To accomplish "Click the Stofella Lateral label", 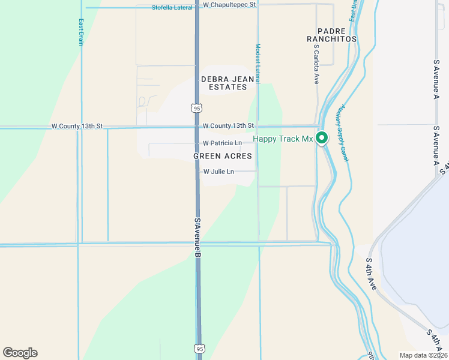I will click(172, 8).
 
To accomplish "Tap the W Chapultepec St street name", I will click(229, 4).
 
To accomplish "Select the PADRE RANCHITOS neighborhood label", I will click(331, 34).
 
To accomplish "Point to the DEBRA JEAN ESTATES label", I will click(224, 83).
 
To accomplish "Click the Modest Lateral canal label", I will click(258, 63).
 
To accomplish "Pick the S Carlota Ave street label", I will click(316, 67).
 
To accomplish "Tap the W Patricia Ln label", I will click(222, 143).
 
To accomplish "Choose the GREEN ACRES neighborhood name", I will click(222, 156).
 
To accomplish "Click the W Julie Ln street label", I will click(218, 172).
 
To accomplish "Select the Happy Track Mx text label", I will click(283, 139).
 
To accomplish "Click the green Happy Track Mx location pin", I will click(322, 138).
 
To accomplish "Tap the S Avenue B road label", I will click(197, 238).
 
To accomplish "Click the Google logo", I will click(20, 353).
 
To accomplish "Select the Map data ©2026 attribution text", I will click(423, 355).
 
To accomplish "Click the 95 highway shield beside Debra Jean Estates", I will click(197, 108).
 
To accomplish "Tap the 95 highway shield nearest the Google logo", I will click(199, 348).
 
